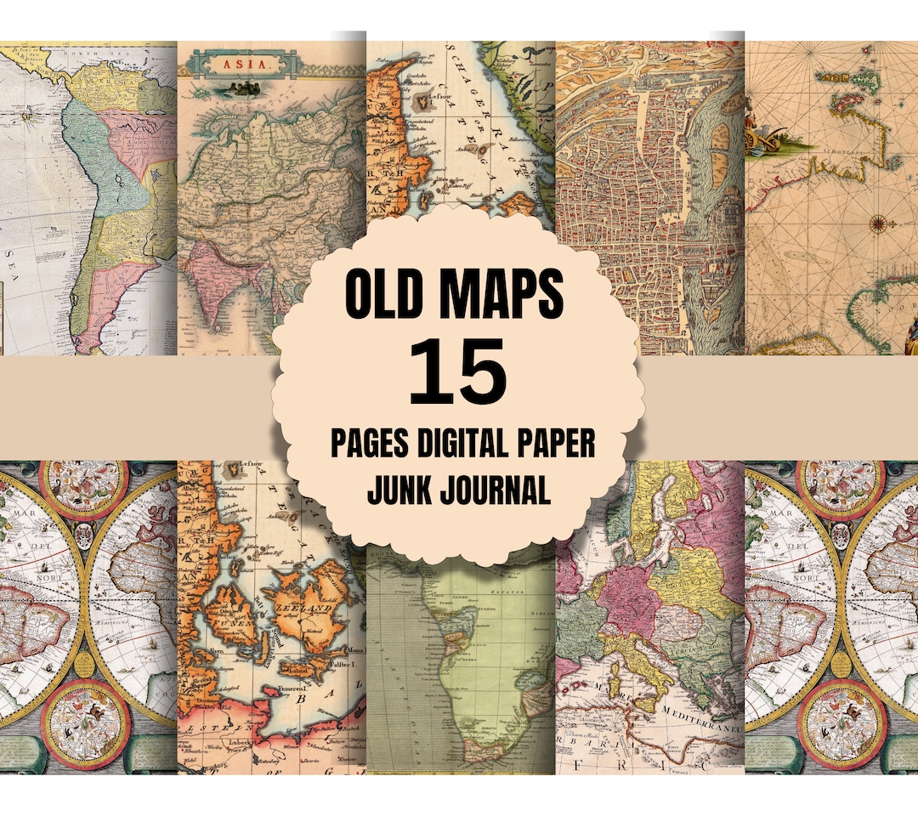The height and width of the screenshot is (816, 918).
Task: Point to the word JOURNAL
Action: coord(492,491)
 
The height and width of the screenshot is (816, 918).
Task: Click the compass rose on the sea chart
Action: coord(878,224)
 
